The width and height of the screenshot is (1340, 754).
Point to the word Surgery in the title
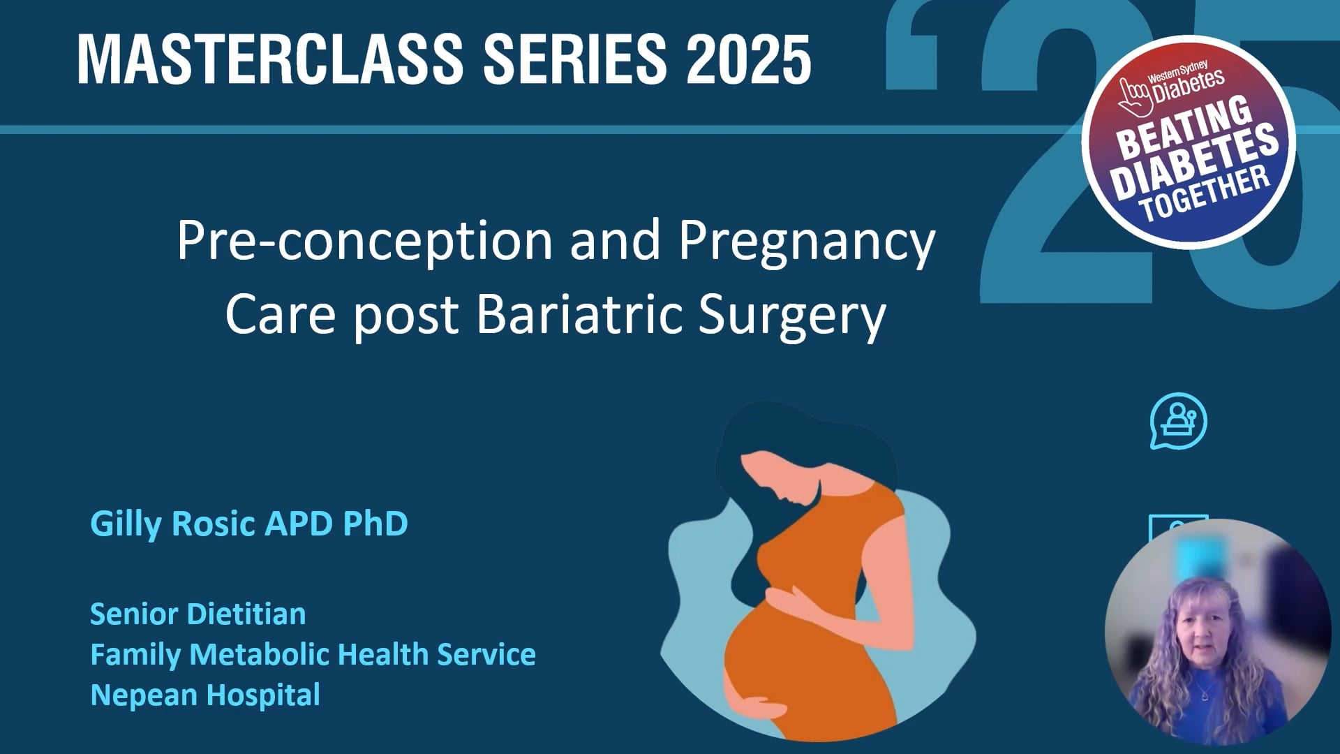click(x=791, y=316)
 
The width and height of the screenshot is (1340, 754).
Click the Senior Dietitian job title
click(x=198, y=614)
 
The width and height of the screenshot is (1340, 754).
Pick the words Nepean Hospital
click(x=205, y=695)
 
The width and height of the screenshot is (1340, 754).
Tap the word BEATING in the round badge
click(x=1184, y=129)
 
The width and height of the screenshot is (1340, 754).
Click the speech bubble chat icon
click(x=1178, y=422)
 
